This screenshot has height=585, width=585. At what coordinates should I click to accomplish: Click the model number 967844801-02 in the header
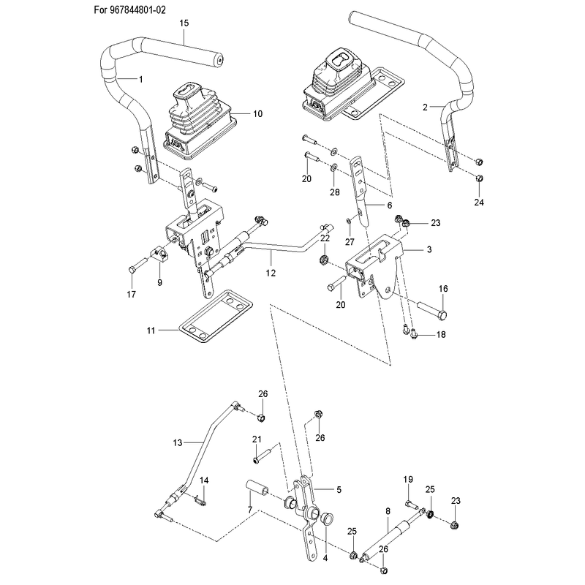click(x=137, y=10)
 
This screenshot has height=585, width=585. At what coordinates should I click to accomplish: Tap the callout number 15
click(x=184, y=23)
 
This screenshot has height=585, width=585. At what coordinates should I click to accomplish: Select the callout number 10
click(x=258, y=114)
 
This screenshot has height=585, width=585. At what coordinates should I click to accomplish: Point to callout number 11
click(x=151, y=331)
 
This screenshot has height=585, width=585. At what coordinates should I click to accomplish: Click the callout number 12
click(x=271, y=273)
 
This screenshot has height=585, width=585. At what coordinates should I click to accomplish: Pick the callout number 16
click(x=443, y=289)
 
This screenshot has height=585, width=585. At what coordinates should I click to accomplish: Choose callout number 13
click(x=178, y=443)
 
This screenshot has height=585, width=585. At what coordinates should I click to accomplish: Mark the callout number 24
click(x=479, y=203)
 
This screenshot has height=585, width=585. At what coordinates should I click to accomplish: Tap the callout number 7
click(x=250, y=510)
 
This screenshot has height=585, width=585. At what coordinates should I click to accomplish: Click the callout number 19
click(x=408, y=480)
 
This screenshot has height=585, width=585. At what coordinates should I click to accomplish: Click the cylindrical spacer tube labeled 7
click(x=257, y=489)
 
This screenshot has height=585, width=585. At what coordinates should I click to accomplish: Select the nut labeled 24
click(x=480, y=178)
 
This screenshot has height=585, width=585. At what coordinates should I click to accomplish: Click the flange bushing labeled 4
click(x=326, y=519)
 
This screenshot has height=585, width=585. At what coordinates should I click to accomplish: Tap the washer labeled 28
click(x=333, y=167)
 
